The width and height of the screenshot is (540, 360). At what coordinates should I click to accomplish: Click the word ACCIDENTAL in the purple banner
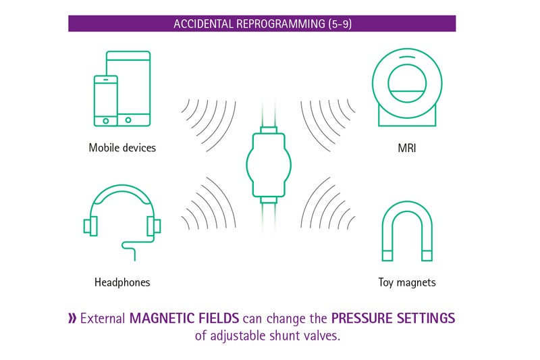[203, 24]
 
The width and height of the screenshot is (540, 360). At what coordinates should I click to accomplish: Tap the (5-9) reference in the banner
[340, 24]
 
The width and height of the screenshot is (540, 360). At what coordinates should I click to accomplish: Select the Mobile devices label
[122, 148]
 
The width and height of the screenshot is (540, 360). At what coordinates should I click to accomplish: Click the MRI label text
[407, 148]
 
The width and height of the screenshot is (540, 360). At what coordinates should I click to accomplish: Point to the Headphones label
[122, 282]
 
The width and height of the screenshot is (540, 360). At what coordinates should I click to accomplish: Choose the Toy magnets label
[407, 282]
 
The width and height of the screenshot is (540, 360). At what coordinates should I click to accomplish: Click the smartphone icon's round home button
[106, 121]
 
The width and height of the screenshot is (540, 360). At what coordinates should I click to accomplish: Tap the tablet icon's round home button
[128, 120]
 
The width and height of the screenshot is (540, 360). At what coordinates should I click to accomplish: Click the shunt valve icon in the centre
[269, 165]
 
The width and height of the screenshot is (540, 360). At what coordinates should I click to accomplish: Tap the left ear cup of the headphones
[90, 226]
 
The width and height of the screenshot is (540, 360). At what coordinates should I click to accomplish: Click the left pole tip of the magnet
[387, 255]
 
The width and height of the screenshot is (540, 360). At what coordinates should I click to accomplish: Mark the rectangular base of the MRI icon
[407, 117]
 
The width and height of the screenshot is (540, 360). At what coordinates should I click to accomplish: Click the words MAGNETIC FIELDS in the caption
[184, 318]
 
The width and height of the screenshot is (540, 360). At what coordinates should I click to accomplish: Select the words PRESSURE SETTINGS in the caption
[394, 318]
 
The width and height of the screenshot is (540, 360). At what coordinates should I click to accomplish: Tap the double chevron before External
[72, 318]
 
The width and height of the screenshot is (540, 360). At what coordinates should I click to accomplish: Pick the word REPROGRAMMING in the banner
[281, 24]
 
